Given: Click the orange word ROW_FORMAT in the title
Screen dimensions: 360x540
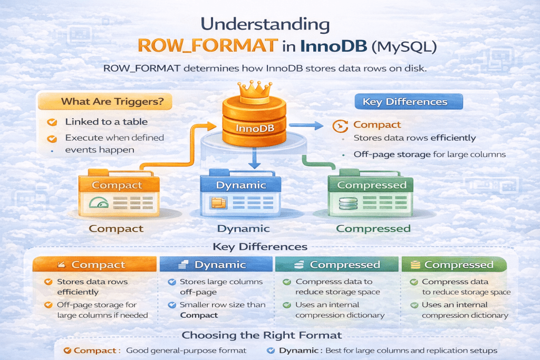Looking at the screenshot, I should click(x=208, y=45).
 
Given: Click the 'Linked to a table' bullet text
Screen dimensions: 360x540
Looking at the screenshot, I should click(x=106, y=122).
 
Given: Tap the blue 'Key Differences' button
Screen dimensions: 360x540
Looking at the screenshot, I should click(x=404, y=102).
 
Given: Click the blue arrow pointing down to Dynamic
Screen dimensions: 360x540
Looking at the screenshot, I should click(x=255, y=158).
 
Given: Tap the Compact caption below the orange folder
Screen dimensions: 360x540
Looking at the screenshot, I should click(x=116, y=228).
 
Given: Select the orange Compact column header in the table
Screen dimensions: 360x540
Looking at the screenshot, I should click(x=95, y=265).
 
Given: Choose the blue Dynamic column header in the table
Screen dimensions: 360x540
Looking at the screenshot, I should click(x=216, y=265).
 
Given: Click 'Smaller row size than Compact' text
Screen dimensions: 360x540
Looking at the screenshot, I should click(x=222, y=309).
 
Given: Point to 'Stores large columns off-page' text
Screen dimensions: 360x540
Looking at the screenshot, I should click(x=221, y=286).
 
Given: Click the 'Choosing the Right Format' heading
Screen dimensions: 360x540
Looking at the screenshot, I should click(x=262, y=335).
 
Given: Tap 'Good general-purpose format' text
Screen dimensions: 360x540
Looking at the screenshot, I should click(x=187, y=351).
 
